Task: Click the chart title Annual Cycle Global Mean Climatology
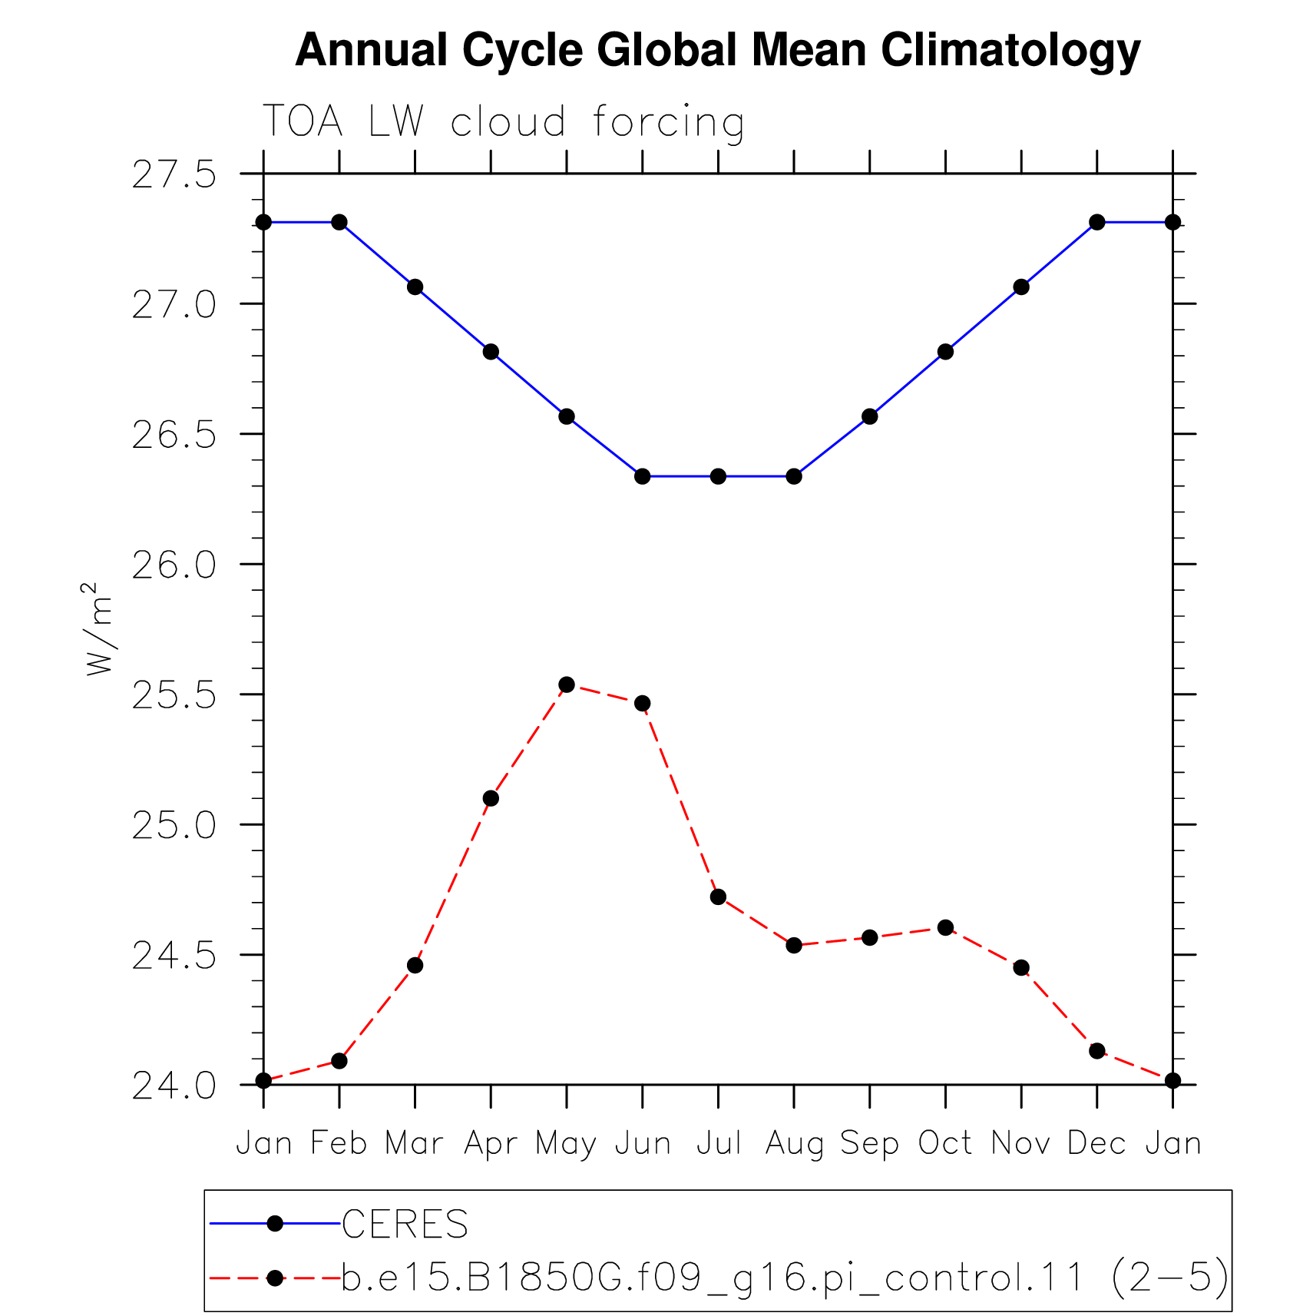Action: click(x=717, y=51)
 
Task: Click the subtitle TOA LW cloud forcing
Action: click(x=504, y=123)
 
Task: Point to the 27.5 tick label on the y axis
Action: click(x=174, y=175)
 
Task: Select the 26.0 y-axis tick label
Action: click(x=174, y=565)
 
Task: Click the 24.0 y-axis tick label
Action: click(x=174, y=1086)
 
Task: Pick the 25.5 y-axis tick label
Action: click(x=174, y=695)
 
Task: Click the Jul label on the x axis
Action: click(x=719, y=1143)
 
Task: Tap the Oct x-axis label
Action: click(x=945, y=1143)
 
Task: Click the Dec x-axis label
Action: click(x=1096, y=1143)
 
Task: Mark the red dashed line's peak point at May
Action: click(x=567, y=685)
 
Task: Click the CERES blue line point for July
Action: click(x=718, y=476)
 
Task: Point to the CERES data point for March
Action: click(x=415, y=287)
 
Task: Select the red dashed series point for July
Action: click(x=718, y=897)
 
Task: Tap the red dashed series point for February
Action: click(x=339, y=1061)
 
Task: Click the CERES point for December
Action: click(x=1097, y=222)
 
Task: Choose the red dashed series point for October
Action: click(x=945, y=927)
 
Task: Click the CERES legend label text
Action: click(x=405, y=1224)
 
